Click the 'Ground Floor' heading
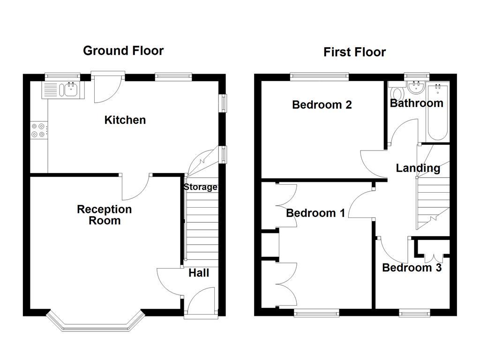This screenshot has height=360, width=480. [123, 51]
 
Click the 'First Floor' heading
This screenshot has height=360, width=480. [354, 52]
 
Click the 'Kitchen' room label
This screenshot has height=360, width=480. [125, 120]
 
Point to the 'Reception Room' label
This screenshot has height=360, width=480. [104, 215]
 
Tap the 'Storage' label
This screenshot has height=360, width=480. [200, 187]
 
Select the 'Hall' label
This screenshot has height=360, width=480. [199, 273]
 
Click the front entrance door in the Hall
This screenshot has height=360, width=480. [201, 302]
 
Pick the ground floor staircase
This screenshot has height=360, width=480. [202, 225]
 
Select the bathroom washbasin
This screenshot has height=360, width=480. [416, 87]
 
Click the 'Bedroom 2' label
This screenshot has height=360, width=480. [322, 105]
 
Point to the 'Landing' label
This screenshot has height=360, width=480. [418, 168]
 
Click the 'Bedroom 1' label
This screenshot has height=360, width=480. [315, 213]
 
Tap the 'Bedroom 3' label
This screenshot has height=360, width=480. [412, 268]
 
